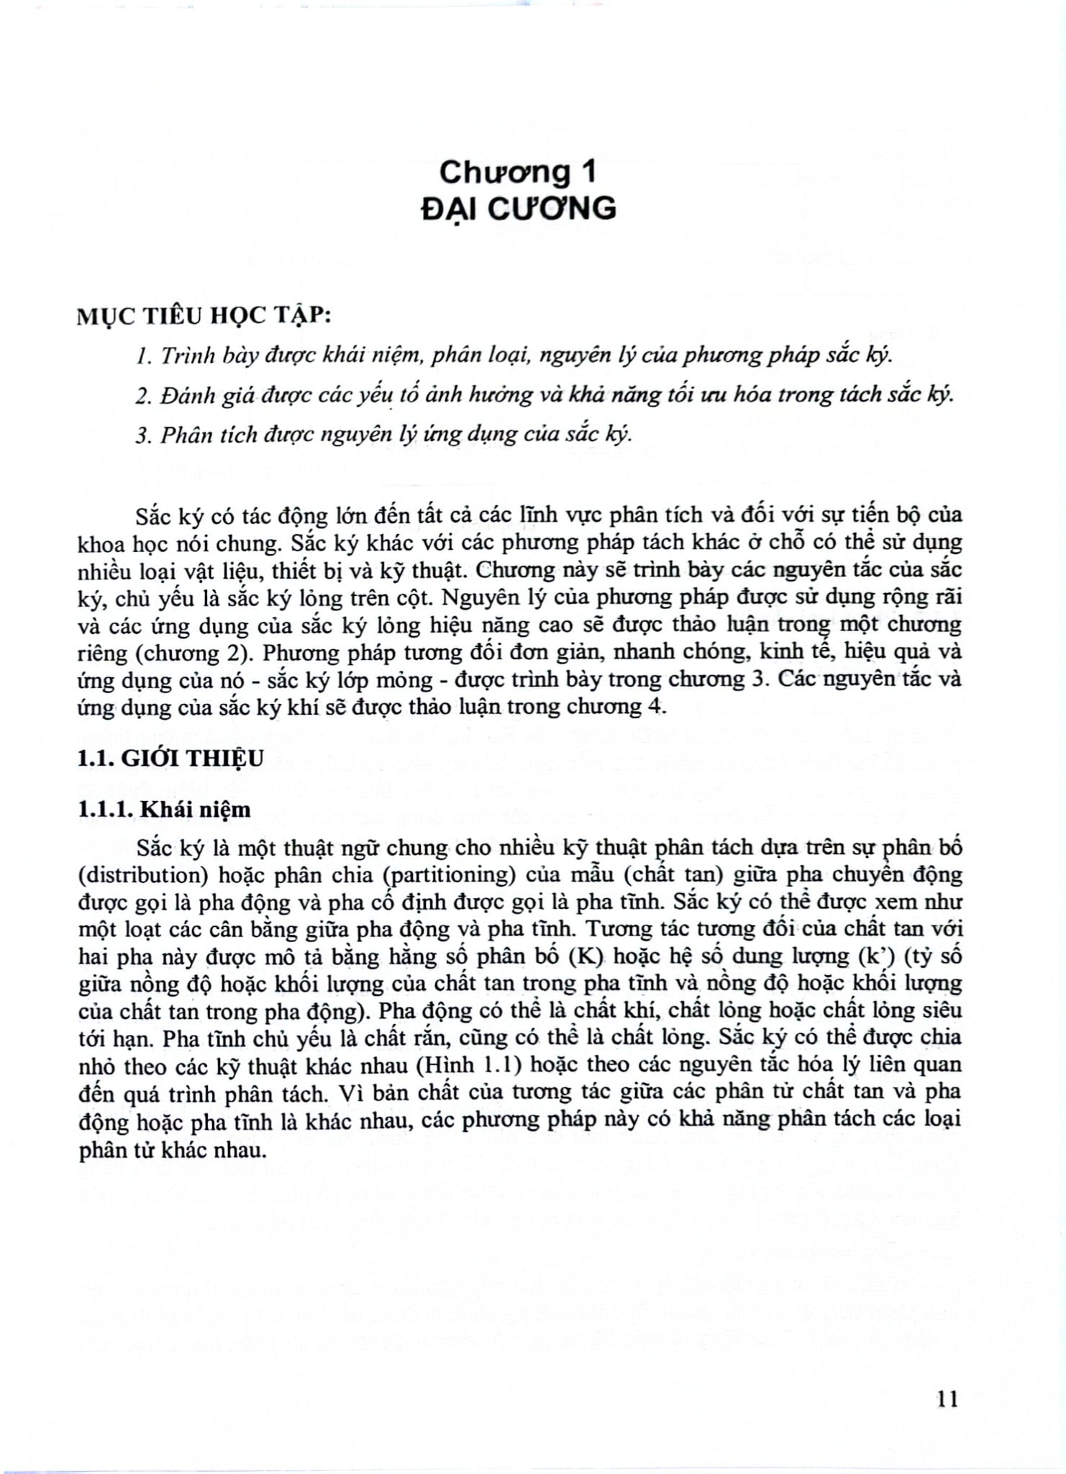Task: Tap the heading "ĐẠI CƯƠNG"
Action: click(518, 208)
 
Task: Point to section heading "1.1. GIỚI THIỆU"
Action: click(171, 758)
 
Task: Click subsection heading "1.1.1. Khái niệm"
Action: click(165, 810)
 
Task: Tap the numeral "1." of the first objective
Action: click(142, 356)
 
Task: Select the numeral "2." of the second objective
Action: click(142, 396)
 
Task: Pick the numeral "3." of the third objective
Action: click(142, 435)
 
